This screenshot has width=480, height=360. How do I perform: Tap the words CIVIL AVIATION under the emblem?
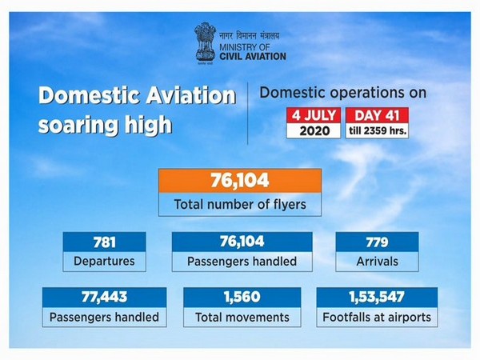coord(250,56)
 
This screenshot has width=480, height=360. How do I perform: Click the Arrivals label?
coord(377,261)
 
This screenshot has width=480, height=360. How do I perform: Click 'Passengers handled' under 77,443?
coord(106,317)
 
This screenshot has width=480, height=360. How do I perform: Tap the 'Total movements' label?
coord(241,317)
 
